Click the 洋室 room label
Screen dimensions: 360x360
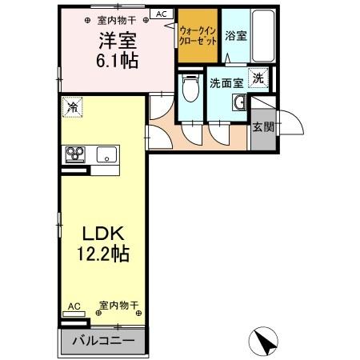click(117, 40)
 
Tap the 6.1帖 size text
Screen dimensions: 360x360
click(117, 62)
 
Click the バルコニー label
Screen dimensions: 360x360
click(102, 341)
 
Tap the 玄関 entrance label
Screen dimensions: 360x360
click(262, 126)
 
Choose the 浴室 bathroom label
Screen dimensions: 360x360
click(235, 35)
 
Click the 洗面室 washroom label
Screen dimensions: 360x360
click(226, 83)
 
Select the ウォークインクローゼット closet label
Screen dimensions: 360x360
click(198, 35)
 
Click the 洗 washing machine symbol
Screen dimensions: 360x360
click(258, 78)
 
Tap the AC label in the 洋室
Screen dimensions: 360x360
click(161, 14)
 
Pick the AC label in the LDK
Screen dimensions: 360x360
click(73, 306)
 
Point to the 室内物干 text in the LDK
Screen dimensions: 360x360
click(119, 306)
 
